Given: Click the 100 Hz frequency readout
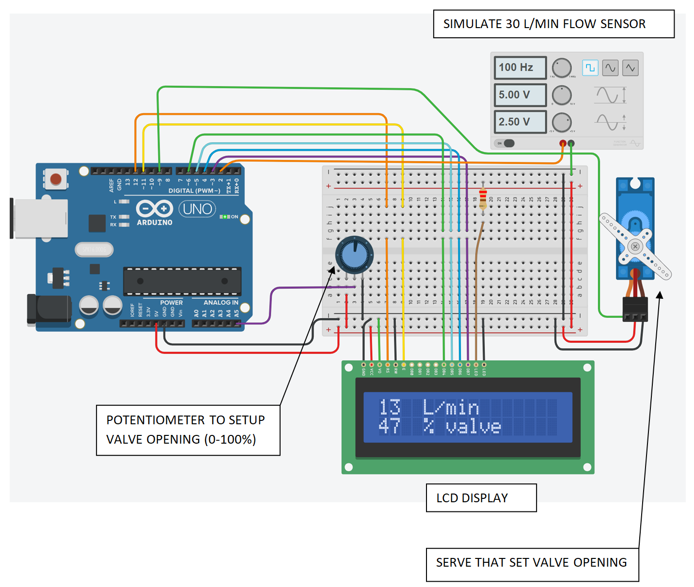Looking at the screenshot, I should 520,67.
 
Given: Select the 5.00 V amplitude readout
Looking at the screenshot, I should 520,95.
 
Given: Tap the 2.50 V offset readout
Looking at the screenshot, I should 520,122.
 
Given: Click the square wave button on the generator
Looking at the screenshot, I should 590,68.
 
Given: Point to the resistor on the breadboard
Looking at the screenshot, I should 483,199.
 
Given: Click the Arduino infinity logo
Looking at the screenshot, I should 154,209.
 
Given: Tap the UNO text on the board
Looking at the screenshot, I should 197,209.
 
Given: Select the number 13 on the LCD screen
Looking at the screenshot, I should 390,407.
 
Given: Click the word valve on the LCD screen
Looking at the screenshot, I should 473,427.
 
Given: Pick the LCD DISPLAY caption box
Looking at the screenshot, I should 481,498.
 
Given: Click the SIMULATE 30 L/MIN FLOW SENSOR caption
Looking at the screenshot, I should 553,24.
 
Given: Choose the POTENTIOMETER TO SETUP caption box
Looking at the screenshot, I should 188,430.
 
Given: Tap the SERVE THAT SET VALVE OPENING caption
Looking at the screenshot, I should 532,563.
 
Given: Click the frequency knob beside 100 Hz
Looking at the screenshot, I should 562,68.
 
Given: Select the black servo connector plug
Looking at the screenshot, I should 635,309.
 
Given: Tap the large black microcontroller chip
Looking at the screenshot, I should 182,281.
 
